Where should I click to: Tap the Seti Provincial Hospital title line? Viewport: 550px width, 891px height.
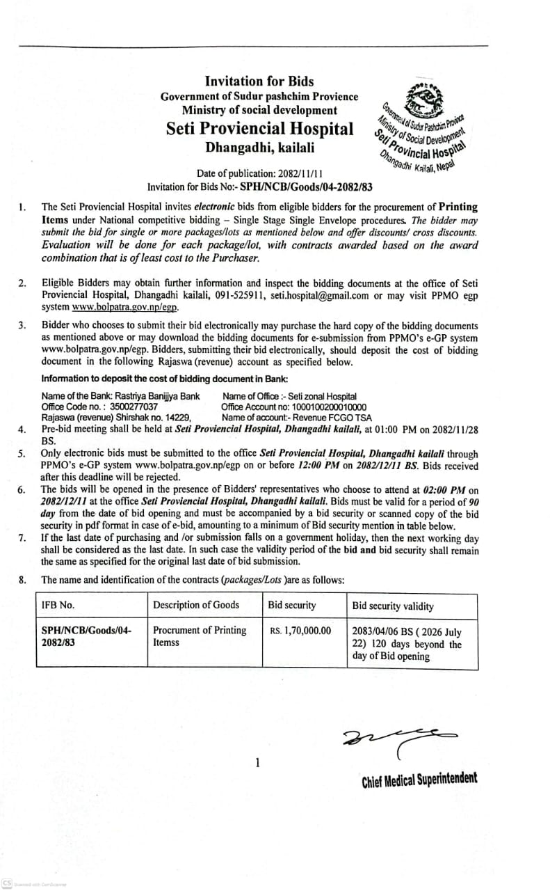(x=259, y=129)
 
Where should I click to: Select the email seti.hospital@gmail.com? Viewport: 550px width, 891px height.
(x=317, y=294)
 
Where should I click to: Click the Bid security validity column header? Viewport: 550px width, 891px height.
(x=393, y=606)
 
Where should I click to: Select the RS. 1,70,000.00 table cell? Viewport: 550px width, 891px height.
(x=300, y=631)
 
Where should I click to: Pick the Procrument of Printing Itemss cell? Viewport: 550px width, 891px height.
(x=200, y=636)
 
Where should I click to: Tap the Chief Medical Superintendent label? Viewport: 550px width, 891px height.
(x=419, y=780)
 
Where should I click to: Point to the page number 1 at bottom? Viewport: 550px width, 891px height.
(x=257, y=763)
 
